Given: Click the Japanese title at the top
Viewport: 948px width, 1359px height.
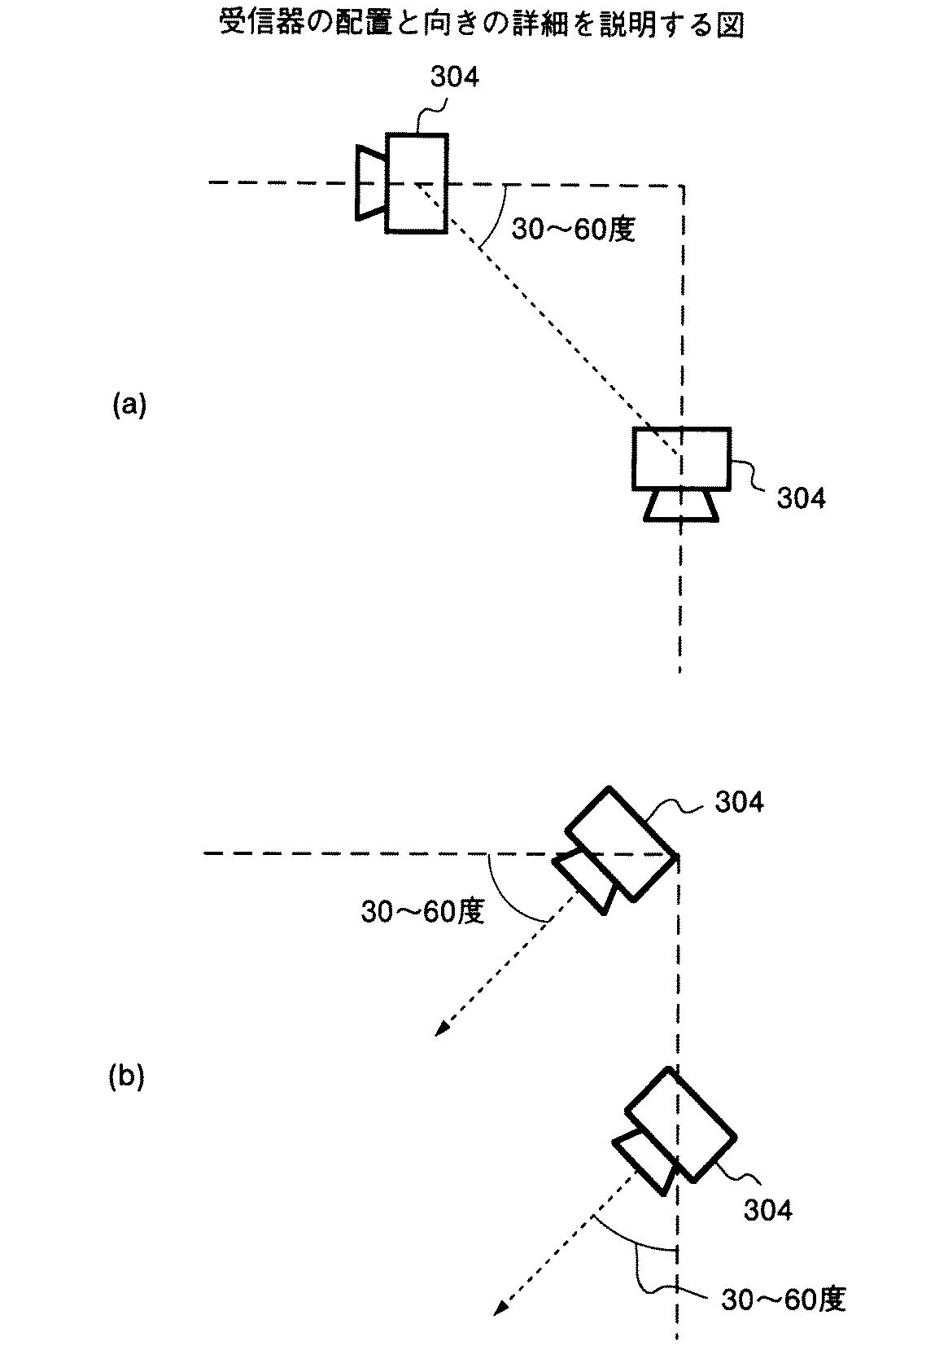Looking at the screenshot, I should (482, 24).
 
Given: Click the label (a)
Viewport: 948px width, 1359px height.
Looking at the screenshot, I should (129, 405).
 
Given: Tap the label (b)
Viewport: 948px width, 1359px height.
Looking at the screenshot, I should (126, 1077).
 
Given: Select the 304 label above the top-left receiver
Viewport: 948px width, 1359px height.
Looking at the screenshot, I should (454, 77).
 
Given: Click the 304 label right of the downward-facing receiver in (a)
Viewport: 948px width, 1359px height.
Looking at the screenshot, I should (801, 498).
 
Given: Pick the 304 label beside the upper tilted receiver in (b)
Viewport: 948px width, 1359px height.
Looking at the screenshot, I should (739, 802).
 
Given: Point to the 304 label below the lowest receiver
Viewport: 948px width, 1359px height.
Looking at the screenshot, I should (767, 1209).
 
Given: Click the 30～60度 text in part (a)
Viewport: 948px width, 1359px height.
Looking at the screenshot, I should (573, 230).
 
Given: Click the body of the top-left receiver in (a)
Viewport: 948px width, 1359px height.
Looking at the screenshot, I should (417, 183).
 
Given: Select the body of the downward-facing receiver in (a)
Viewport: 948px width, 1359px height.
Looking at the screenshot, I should (681, 458).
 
